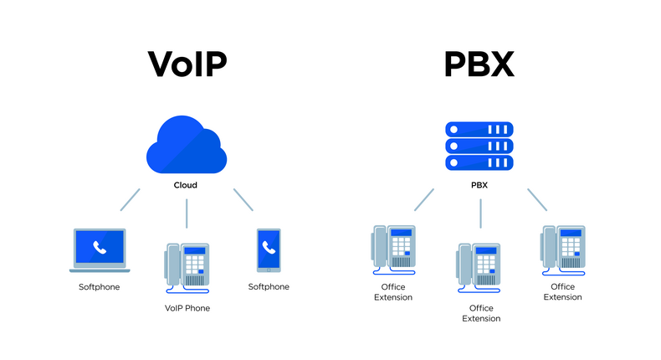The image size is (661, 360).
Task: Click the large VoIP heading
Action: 188,64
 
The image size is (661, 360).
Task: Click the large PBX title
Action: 479,64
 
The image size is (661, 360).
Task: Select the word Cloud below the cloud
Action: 185,185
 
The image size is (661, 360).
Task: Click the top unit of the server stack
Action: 479,130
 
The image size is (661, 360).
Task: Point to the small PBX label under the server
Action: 479,185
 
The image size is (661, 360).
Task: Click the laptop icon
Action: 100,250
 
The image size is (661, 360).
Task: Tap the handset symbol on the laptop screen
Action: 100,247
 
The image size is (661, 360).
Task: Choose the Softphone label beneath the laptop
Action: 99,287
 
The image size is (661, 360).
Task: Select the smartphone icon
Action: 269,249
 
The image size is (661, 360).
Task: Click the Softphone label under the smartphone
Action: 269,287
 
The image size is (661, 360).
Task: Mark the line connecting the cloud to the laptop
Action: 131,199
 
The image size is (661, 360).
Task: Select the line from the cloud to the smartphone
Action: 243,199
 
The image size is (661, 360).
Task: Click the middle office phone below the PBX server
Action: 478,269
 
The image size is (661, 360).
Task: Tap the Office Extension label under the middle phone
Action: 478,313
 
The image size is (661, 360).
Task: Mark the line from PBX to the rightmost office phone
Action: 537,199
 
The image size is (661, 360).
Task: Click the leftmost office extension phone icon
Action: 392,249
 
